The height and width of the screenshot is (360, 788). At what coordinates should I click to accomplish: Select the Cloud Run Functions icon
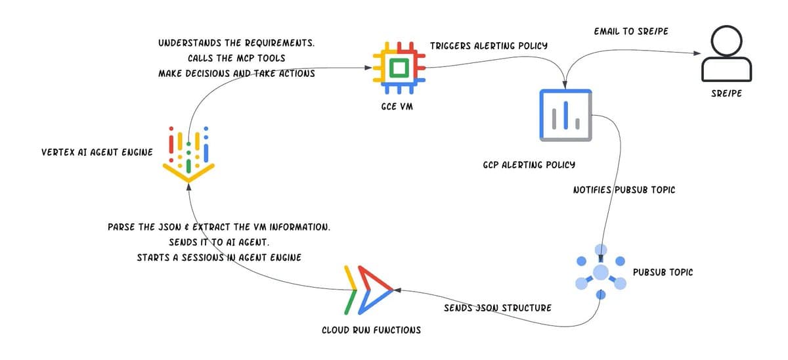[368, 290]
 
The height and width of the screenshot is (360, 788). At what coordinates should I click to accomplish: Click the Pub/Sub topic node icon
[600, 271]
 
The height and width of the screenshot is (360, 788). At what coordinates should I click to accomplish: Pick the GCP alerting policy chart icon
[565, 115]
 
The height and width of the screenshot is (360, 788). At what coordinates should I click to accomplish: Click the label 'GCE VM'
[397, 106]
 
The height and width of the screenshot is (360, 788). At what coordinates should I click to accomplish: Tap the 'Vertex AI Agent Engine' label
[97, 152]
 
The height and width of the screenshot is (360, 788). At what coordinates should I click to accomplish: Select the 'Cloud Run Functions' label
[371, 330]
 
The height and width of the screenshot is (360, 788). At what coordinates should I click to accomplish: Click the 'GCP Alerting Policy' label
[529, 164]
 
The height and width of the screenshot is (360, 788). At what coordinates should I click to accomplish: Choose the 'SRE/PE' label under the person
[726, 93]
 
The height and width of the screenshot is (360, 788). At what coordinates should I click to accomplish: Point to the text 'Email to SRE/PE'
[631, 31]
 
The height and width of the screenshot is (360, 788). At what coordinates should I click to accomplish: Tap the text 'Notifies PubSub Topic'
[624, 190]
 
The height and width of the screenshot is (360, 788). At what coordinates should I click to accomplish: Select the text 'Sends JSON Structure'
[498, 307]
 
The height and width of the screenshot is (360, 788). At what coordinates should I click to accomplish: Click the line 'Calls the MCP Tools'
[236, 58]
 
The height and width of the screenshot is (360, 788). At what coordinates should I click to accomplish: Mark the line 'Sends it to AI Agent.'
[219, 242]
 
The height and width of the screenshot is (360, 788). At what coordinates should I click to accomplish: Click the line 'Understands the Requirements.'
[236, 43]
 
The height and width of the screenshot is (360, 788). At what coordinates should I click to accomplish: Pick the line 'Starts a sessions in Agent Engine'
[219, 257]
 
